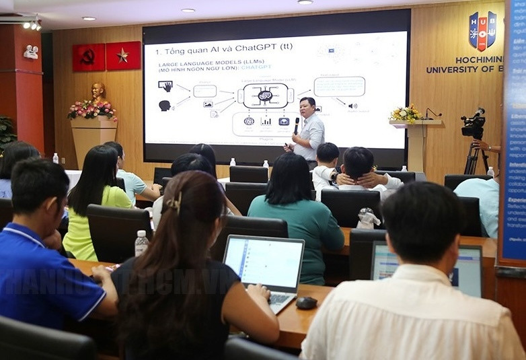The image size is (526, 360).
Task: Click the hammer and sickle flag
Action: point(89,57)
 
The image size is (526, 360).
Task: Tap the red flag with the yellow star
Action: point(123,56)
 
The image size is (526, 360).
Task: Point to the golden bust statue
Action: point(99,92)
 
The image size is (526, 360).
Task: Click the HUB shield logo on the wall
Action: point(482,31)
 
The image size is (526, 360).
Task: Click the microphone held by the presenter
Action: point(297,124)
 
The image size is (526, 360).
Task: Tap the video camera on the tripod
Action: point(474,124)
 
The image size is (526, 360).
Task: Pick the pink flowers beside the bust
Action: point(92,109)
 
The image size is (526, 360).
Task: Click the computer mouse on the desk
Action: point(307,303)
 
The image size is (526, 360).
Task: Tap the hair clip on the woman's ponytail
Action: point(174,202)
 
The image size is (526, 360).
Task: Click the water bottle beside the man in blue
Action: point(141,243)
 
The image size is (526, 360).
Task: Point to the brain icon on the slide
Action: point(265,96)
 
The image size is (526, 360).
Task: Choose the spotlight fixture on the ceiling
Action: point(32,24)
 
